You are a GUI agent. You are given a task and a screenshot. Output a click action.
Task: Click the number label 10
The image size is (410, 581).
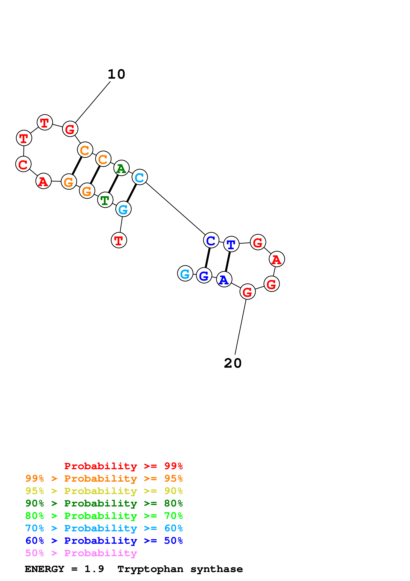point(116,74)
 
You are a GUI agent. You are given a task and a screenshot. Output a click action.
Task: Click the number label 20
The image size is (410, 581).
point(233,363)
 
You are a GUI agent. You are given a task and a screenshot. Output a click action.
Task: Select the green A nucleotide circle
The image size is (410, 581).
point(122,168)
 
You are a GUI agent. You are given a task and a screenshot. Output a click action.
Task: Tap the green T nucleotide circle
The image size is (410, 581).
point(105,200)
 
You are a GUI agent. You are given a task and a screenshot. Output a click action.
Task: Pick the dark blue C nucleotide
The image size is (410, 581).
point(211,240)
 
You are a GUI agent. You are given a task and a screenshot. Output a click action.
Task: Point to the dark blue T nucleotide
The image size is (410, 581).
point(231,244)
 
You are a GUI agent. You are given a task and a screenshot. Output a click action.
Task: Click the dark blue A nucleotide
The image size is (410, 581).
point(224,279)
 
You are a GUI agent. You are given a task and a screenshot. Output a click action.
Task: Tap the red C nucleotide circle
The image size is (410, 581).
point(23,164)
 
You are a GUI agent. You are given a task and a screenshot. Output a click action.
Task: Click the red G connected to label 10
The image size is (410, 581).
point(70,129)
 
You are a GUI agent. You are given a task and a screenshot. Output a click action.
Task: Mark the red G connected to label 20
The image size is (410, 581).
point(247,292)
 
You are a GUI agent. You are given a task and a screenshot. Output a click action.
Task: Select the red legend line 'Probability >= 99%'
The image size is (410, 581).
point(123,466)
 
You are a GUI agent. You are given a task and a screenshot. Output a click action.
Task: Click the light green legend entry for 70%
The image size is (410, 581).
point(104,516)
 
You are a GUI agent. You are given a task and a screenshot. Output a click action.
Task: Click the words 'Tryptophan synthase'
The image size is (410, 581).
point(180,569)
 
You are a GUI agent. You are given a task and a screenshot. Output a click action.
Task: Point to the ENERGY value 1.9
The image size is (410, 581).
point(94,569)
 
